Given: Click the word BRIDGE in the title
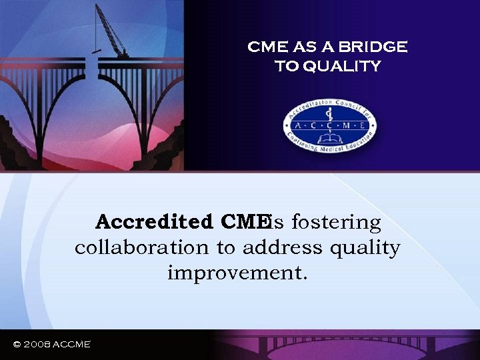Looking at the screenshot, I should click(375, 47).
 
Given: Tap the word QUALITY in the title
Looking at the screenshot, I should click(347, 66).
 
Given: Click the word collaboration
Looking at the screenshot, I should click(141, 248).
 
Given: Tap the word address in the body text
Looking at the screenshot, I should click(283, 248).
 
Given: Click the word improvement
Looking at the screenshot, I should click(237, 273).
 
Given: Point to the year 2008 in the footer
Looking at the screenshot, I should click(41, 344).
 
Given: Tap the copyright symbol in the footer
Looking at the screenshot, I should click(17, 344).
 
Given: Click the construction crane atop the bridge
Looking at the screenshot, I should click(109, 30).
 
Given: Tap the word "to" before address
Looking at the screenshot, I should click(225, 248).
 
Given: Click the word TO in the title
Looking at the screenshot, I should click(288, 66).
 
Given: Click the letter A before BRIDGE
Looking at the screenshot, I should click(331, 47).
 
